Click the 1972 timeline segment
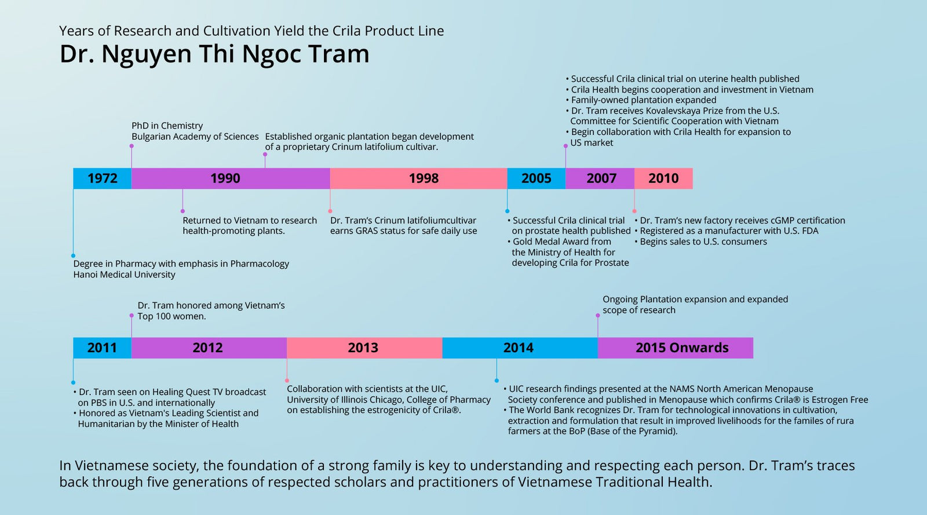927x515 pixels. click(x=102, y=178)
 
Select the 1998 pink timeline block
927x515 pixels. click(x=418, y=178)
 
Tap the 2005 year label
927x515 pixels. click(x=537, y=178)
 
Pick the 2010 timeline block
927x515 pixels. click(x=663, y=178)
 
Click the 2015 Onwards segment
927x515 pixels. click(x=676, y=348)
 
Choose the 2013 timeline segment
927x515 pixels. click(x=364, y=348)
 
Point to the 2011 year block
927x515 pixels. click(x=102, y=348)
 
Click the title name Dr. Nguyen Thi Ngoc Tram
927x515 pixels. click(x=214, y=54)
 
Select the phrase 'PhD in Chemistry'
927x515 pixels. click(x=167, y=126)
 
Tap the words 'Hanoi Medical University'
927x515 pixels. click(x=124, y=275)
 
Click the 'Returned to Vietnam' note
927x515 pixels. click(x=250, y=225)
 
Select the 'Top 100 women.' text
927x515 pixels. click(x=171, y=316)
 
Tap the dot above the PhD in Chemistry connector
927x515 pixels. click(x=132, y=146)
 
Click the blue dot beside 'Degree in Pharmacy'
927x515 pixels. click(x=73, y=255)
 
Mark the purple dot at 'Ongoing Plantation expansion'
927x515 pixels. click(x=597, y=315)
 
